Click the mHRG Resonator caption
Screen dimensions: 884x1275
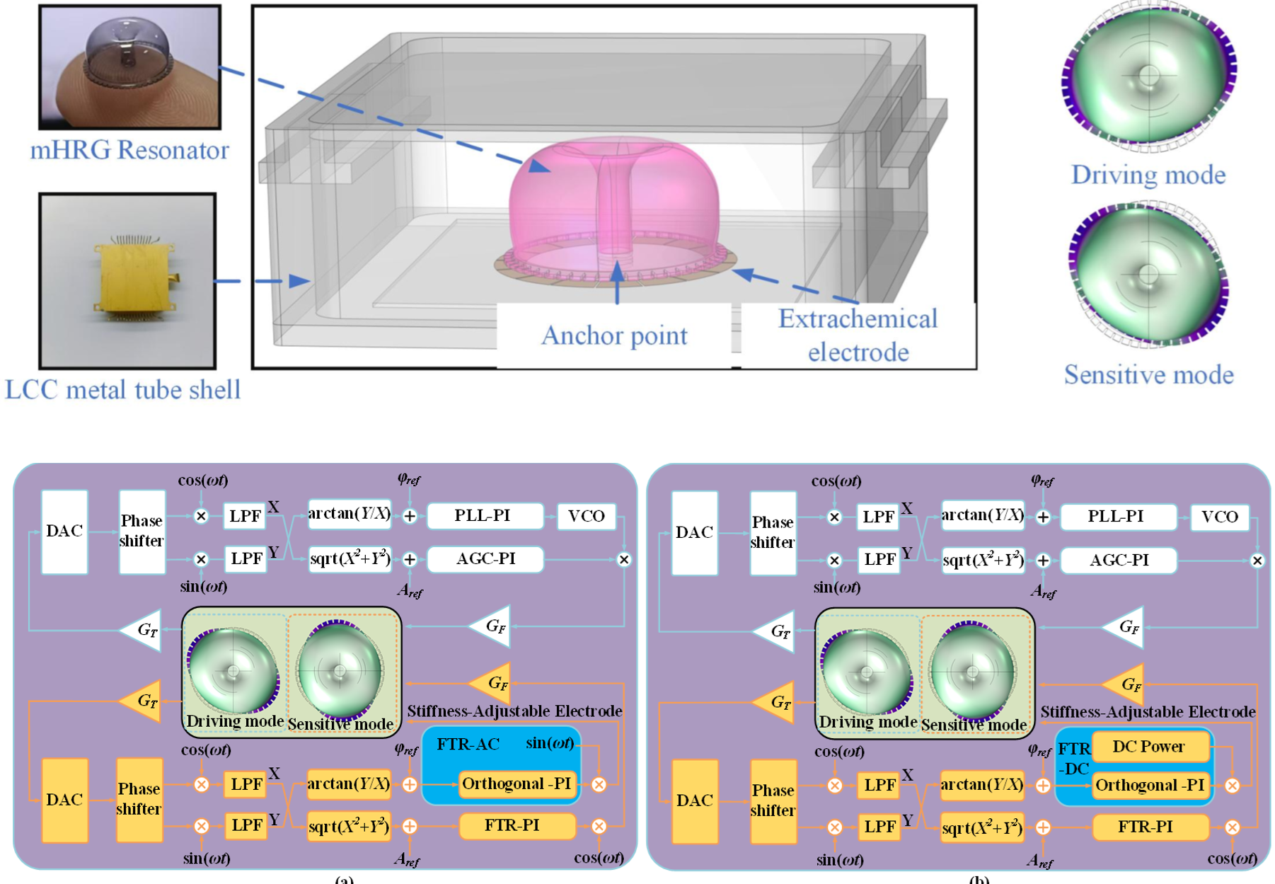point(129,150)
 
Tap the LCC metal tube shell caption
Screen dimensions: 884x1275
point(123,390)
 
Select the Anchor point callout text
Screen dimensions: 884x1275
point(614,335)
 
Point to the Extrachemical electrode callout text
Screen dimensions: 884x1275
point(858,335)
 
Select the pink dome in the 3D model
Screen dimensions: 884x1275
point(614,198)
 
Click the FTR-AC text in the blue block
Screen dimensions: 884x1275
point(468,745)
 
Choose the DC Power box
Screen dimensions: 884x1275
point(1148,747)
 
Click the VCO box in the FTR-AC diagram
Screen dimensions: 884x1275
point(587,516)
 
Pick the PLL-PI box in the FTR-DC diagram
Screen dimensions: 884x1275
point(1116,517)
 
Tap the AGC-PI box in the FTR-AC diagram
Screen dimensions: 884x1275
point(485,559)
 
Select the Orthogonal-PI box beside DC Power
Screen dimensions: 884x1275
point(1149,785)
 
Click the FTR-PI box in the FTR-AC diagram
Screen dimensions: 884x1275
point(512,825)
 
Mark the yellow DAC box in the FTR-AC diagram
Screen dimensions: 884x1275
point(64,800)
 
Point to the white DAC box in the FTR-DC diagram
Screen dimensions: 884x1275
point(694,532)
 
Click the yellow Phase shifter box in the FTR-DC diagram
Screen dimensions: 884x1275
point(772,800)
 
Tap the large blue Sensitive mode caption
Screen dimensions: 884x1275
point(1148,374)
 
